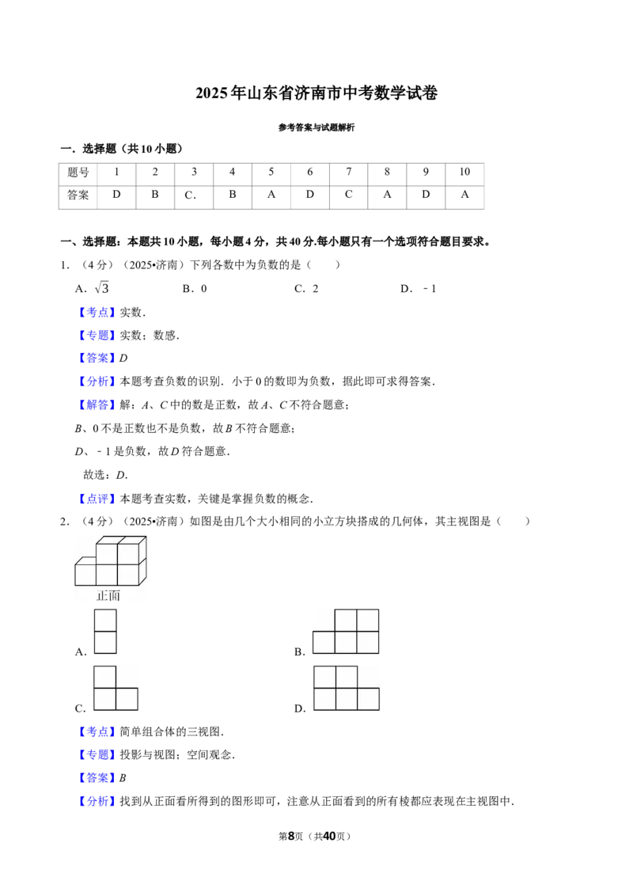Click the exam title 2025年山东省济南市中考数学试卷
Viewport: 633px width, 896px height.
(x=316, y=93)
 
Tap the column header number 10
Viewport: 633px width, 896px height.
(x=464, y=172)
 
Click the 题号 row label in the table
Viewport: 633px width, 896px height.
(x=78, y=172)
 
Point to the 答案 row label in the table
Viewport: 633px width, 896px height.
(x=78, y=196)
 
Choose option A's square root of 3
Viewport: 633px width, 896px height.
(x=102, y=288)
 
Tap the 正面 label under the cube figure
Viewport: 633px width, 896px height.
(x=108, y=596)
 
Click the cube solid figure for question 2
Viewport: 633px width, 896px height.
(x=111, y=560)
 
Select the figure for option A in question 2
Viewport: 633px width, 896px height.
(x=105, y=632)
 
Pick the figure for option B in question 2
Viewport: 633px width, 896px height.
(x=346, y=632)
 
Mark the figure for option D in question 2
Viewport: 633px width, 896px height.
(x=347, y=688)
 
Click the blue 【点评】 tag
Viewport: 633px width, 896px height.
(x=97, y=499)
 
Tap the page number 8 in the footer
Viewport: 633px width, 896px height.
(x=291, y=836)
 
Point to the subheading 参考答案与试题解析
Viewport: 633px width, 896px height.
(x=316, y=127)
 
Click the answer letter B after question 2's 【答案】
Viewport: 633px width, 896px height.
(x=123, y=778)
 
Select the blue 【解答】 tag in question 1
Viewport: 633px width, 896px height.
(x=97, y=404)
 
